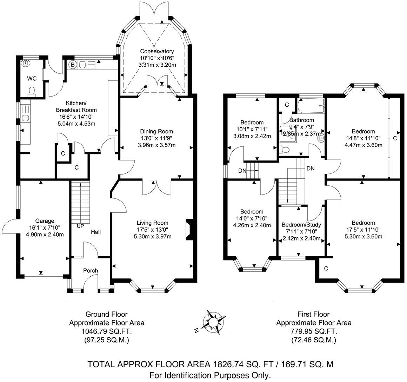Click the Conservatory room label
(157, 51)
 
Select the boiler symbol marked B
(73, 65)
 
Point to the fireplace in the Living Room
(189, 230)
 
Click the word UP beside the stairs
(80, 226)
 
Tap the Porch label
(90, 270)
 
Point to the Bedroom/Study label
(301, 225)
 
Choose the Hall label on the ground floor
(96, 232)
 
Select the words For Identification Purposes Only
(210, 375)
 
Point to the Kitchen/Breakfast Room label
(76, 106)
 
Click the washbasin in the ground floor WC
(25, 63)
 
